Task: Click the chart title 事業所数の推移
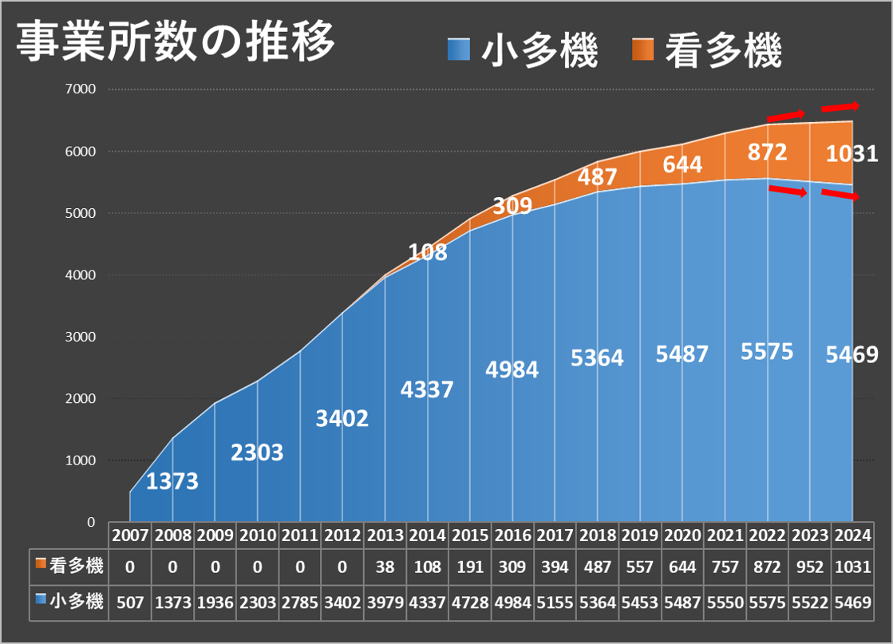[176, 42]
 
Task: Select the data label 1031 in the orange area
[851, 153]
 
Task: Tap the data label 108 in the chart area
[428, 253]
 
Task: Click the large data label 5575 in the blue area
[767, 351]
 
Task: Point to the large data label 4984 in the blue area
[512, 369]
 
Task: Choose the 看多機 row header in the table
[70, 567]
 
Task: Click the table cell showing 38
[385, 567]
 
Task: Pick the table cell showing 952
[810, 567]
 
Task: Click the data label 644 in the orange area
[682, 164]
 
